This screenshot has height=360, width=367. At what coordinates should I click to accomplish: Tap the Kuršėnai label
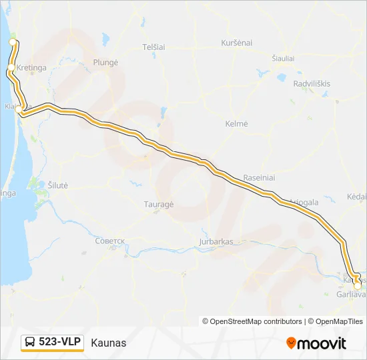pos(237,43)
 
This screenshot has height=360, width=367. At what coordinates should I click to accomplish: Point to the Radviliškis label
pos(312,83)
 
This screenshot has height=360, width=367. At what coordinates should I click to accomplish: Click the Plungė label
pos(107,62)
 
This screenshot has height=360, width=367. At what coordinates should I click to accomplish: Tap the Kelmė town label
pos(237,124)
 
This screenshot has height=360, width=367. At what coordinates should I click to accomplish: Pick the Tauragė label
pos(159,205)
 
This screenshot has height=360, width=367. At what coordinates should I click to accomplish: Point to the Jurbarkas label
pos(216,241)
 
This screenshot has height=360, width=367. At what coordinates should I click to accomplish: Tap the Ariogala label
pos(304,202)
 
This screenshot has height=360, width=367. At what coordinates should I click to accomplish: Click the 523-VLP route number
pos(59,342)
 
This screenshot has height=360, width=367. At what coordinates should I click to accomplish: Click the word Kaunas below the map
pos(108,343)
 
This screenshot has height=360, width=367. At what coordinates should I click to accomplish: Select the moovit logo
pos(316,343)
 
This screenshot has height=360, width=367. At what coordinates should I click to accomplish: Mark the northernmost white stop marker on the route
pos(12,42)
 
